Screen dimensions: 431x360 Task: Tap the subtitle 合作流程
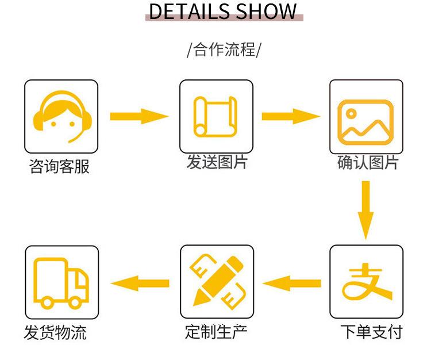(224, 49)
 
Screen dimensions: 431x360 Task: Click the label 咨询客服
(59, 167)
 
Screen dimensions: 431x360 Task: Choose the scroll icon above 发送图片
(216, 116)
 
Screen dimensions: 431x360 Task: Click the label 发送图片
(216, 162)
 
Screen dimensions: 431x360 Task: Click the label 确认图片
(367, 163)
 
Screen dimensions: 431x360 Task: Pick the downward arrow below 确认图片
(365, 210)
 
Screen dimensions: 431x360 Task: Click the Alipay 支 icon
(366, 281)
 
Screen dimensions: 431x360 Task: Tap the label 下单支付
(371, 332)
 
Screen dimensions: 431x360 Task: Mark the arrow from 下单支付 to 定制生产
(291, 282)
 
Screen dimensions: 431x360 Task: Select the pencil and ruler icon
(216, 281)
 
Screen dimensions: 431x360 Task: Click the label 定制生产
(216, 331)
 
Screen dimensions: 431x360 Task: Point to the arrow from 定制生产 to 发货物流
(140, 282)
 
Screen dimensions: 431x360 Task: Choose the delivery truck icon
(61, 282)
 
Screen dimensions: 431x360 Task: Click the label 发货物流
(55, 332)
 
